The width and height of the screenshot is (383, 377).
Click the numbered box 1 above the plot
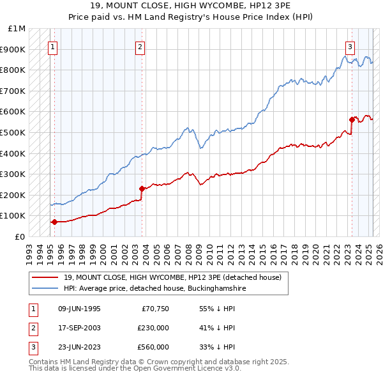click(52, 46)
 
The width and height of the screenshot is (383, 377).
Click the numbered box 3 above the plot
click(350, 46)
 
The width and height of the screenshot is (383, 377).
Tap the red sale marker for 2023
click(352, 119)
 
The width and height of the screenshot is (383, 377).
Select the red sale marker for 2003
click(142, 188)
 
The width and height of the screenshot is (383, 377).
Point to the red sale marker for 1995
click(54, 222)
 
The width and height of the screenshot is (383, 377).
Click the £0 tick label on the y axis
click(20, 236)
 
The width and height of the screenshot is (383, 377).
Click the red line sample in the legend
click(46, 277)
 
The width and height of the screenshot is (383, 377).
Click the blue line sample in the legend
click(46, 289)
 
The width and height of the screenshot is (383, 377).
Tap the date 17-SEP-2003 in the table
click(79, 328)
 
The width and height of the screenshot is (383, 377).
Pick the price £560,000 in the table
click(153, 347)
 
